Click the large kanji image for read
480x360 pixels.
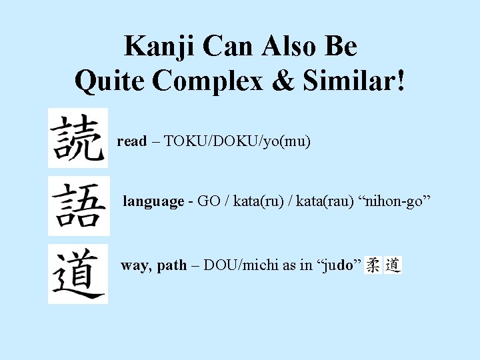coord(77,137)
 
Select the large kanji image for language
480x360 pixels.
coord(78,205)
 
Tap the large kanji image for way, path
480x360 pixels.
coord(77,273)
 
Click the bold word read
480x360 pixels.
coord(131,141)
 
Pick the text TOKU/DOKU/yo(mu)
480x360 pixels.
coord(237,141)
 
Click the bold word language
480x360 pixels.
coord(153,201)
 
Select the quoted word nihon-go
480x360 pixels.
coord(396,201)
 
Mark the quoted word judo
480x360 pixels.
coord(342,265)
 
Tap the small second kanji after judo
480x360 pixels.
coord(393,265)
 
